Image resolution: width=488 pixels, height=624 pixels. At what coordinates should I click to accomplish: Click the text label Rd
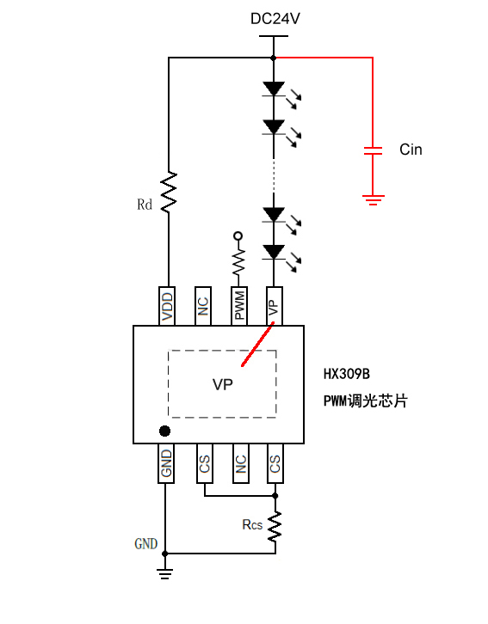[145, 205]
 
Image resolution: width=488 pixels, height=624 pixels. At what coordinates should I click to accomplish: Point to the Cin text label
[411, 150]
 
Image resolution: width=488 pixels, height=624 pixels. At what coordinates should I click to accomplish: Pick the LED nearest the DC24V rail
[275, 89]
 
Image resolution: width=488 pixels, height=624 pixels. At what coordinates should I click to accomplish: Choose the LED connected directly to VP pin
[275, 252]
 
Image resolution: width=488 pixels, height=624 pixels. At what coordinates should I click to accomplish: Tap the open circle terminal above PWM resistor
[238, 236]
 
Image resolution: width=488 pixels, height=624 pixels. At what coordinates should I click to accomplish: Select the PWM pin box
[238, 306]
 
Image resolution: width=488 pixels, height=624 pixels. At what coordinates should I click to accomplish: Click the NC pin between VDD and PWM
[203, 306]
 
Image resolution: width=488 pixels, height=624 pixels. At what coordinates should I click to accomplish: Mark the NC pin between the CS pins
[240, 464]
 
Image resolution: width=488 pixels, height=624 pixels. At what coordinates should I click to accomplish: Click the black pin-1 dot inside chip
[165, 430]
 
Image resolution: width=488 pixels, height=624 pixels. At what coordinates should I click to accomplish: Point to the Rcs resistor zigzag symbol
[275, 526]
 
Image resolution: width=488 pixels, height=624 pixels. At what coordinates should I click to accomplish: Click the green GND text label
[146, 544]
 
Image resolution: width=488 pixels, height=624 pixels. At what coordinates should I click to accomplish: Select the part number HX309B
[346, 374]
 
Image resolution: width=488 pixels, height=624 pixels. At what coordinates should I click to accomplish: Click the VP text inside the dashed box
[222, 385]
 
